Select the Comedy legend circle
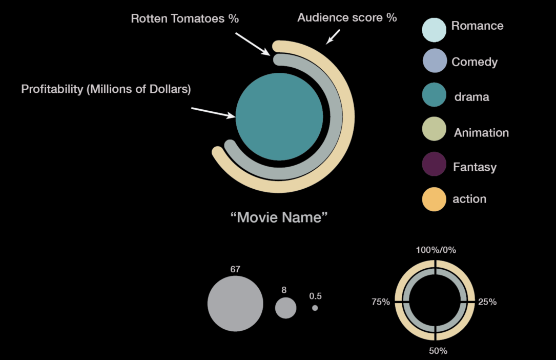point(435,61)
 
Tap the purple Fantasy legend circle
point(434,166)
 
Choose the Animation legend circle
point(435,132)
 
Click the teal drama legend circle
point(435,96)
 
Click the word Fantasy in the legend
point(475,167)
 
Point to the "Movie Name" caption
point(279,217)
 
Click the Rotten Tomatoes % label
point(185,19)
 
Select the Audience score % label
point(347,18)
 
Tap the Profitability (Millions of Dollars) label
point(106,89)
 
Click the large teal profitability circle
point(279,116)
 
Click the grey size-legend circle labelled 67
point(235,303)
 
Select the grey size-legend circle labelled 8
point(285,308)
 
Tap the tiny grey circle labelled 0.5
point(315,308)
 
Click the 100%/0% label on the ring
point(436,250)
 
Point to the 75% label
point(381,302)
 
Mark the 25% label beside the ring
point(487,302)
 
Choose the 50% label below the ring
point(438,351)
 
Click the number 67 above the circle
point(235,269)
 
